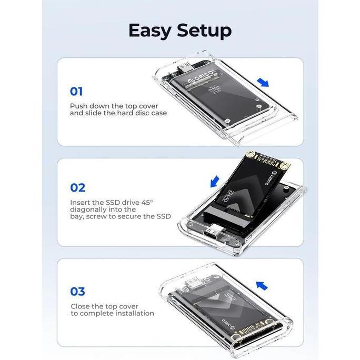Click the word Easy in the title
pos(149,31)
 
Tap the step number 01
pos(76,91)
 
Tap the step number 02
pos(77,187)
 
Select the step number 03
pos(77,291)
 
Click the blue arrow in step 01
pos(264,82)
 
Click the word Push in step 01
pos(79,106)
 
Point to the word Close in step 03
pos(81,306)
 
